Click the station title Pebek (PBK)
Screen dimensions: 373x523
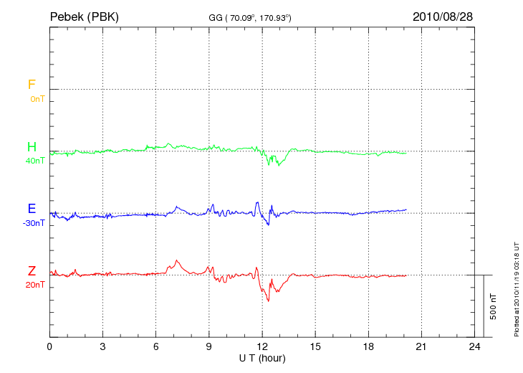click(84, 16)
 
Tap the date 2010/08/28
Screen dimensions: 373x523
click(442, 16)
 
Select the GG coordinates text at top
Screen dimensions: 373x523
click(249, 17)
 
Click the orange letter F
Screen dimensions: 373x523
click(32, 85)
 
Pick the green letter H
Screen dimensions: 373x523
click(32, 147)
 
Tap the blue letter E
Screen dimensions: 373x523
click(32, 209)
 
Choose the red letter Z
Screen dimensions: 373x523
click(32, 270)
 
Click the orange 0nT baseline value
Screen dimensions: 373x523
click(37, 98)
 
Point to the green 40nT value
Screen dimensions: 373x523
click(35, 161)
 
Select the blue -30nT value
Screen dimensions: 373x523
click(34, 223)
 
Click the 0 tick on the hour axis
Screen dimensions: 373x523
click(49, 346)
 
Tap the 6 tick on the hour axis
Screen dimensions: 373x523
click(156, 346)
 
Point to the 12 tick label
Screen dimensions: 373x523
click(262, 346)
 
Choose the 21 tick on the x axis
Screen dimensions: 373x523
click(421, 346)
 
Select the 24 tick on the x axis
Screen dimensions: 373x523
click(474, 346)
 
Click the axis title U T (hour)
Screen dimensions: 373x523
click(262, 357)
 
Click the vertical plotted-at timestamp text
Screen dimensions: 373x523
click(517, 288)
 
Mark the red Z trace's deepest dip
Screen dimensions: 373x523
click(268, 300)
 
